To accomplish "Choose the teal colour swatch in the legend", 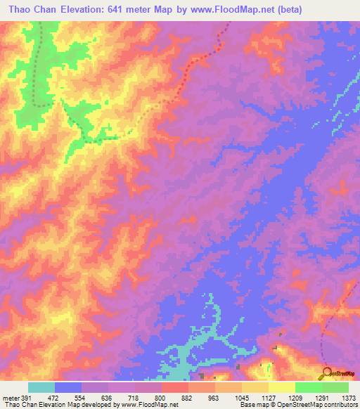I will [x=41, y=387].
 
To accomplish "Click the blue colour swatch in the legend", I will [x=68, y=387].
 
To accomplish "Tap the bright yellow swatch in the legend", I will [x=282, y=387].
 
